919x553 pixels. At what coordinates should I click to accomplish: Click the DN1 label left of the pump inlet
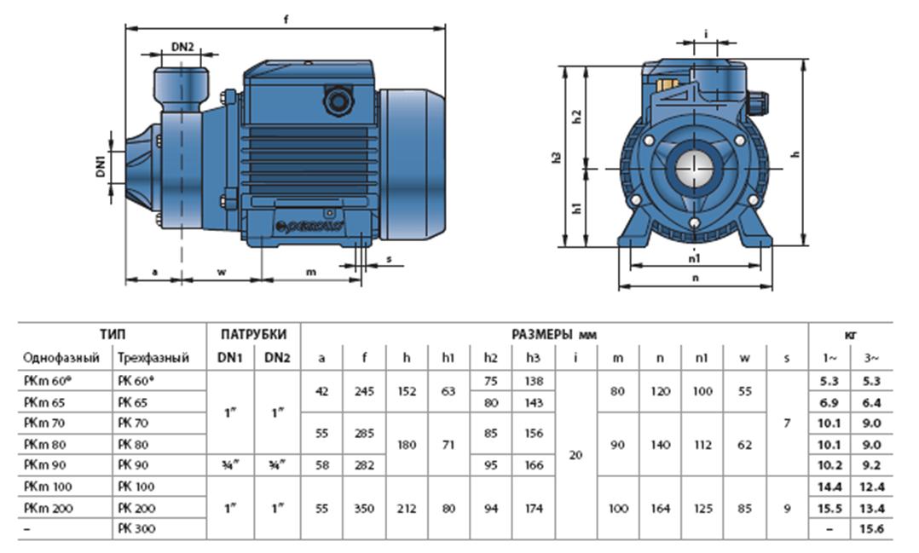point(100,164)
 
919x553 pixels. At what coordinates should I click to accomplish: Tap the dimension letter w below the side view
point(221,272)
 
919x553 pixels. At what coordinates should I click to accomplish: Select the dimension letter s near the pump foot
point(389,261)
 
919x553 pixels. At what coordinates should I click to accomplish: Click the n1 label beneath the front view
point(695,256)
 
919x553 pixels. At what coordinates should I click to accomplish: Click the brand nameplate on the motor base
point(309,228)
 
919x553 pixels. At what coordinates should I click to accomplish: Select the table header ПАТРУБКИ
point(254,334)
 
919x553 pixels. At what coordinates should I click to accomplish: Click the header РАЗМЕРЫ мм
point(553,334)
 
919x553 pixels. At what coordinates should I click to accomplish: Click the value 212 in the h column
point(406,508)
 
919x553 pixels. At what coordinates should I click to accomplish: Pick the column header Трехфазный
point(153,358)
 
